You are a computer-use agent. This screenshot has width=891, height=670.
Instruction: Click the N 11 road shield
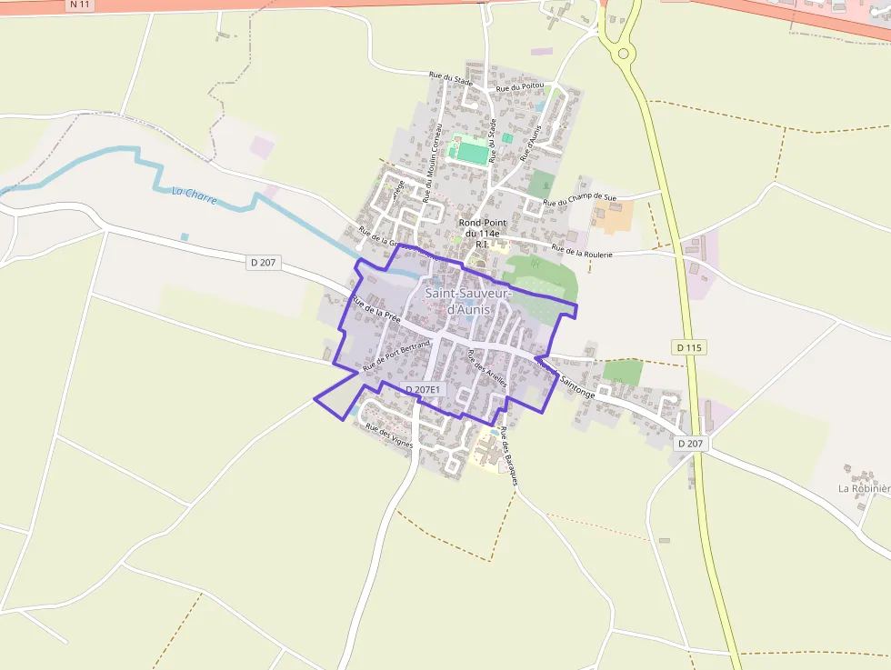[80, 5]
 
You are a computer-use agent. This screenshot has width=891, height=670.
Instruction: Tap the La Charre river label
[194, 194]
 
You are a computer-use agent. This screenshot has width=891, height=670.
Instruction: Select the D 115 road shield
[690, 347]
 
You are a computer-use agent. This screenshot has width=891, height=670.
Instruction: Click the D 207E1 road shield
[423, 390]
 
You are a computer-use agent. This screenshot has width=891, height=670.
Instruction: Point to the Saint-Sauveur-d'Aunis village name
[469, 302]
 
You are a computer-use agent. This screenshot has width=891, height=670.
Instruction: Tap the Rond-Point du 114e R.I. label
[483, 233]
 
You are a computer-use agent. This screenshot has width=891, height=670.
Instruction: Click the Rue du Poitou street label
[520, 87]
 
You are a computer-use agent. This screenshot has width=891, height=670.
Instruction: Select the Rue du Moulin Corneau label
[432, 149]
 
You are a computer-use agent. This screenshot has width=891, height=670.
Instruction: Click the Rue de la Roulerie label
[582, 250]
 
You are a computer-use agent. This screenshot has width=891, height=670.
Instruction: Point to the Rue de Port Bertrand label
[395, 355]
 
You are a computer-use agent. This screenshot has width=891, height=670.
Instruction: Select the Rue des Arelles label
[486, 369]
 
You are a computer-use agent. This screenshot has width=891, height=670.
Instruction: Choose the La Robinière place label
[864, 488]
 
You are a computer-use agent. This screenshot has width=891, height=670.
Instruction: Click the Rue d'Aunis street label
[530, 144]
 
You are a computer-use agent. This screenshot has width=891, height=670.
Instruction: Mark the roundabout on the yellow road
[623, 54]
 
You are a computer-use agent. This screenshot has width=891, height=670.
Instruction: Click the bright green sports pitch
[472, 151]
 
